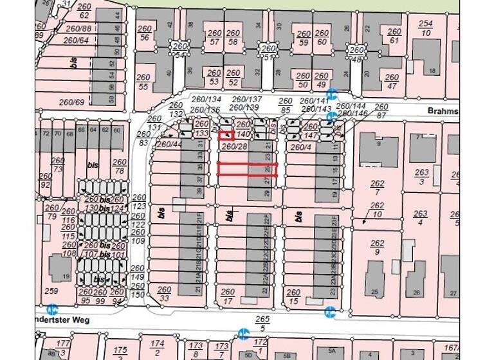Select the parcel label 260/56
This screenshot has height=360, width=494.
tap(145, 33)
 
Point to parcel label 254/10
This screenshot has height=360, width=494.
tap(426, 28)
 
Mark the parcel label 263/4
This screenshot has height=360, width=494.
tap(421, 219)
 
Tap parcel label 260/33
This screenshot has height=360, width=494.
tap(164, 294)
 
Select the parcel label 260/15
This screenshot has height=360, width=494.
tap(293, 297)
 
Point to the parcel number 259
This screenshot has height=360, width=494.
tap(53, 291)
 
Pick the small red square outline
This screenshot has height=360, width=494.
tap(226, 136)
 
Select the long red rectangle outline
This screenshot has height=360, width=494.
tap(247, 169)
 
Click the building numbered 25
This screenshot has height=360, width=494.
tap(375, 292)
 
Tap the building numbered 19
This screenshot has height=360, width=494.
tap(67, 276)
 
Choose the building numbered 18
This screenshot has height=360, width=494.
tap(432, 70)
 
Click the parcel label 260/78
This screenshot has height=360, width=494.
tap(119, 166)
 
